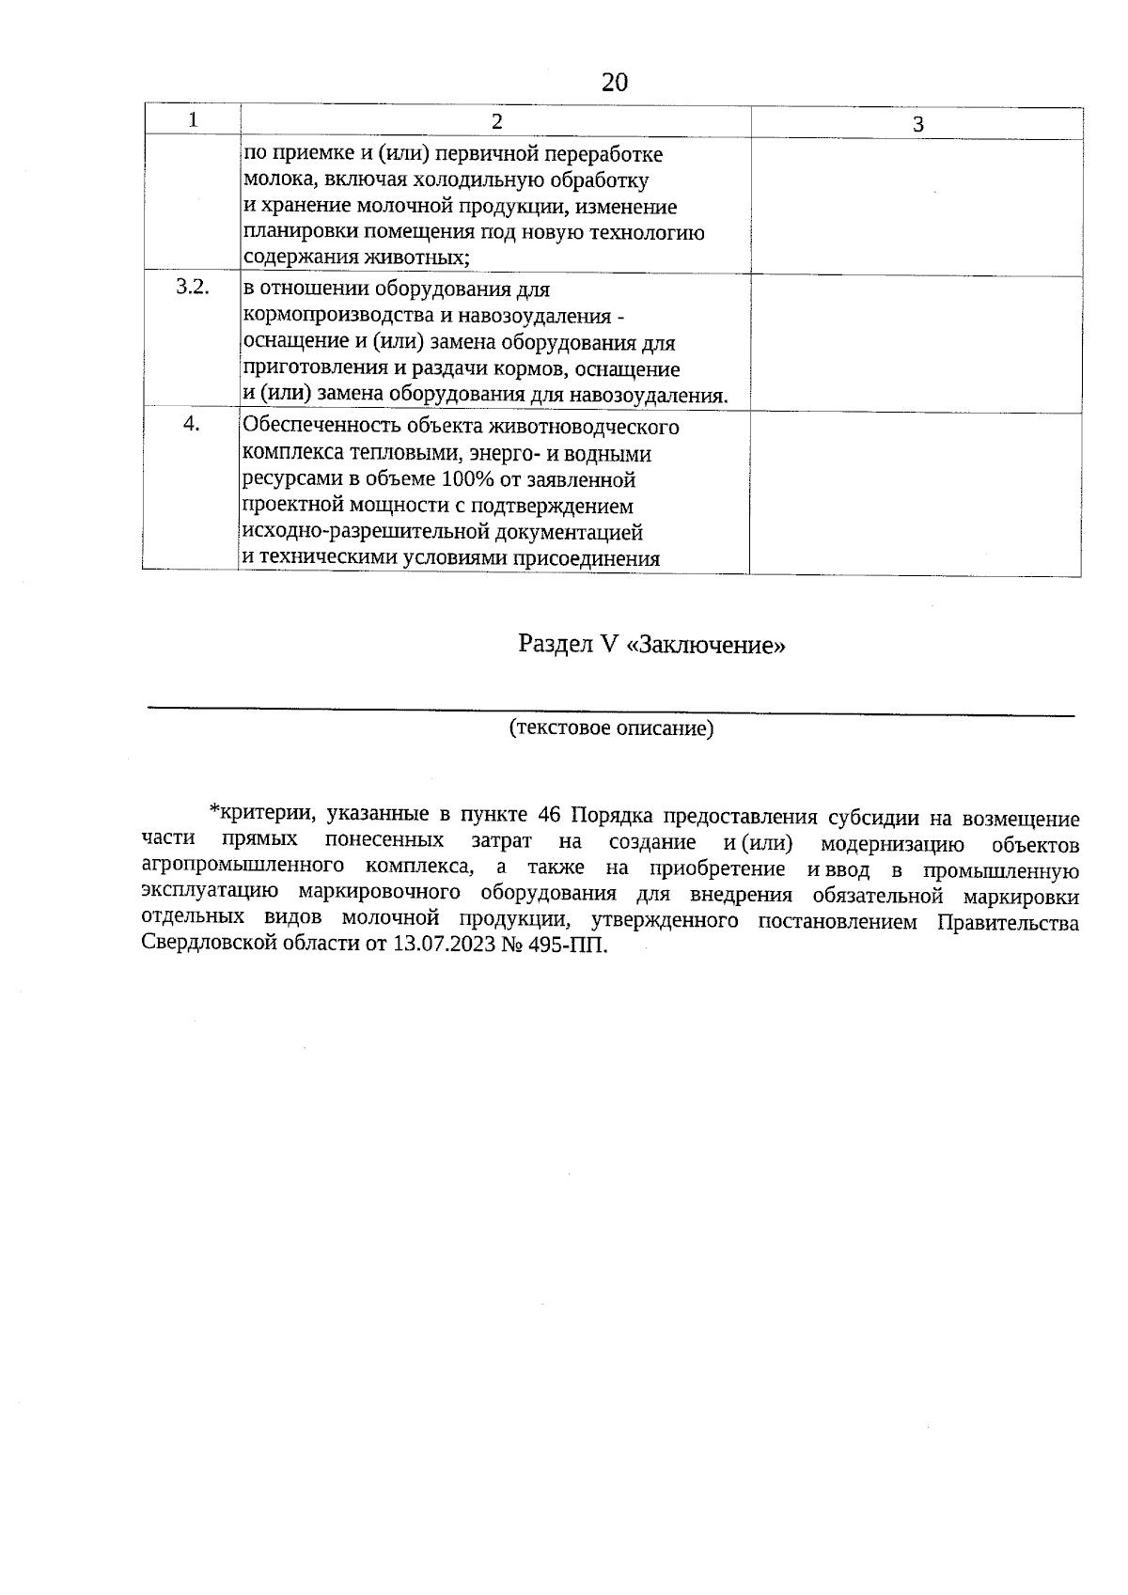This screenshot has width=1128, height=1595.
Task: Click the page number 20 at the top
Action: coord(614,83)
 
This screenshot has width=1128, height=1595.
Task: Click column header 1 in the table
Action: coord(193,119)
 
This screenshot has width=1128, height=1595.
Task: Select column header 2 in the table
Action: coord(496,120)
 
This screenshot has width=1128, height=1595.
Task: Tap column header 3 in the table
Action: coord(918,124)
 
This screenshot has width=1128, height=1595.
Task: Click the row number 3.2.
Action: coord(192,287)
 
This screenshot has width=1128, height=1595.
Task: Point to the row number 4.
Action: coord(192,424)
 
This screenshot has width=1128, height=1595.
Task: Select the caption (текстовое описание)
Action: coord(611,728)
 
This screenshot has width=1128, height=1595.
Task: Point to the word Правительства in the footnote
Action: coord(1009,923)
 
